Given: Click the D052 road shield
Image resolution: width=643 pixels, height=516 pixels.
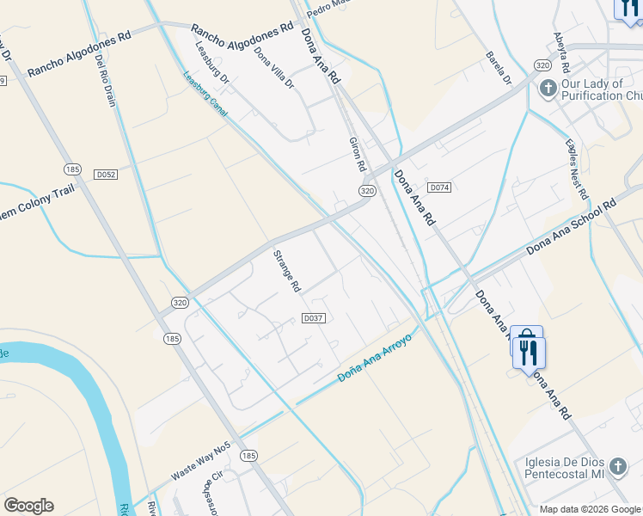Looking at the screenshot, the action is tap(106, 175).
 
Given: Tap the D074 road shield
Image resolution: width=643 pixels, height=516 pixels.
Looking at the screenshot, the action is tap(439, 187).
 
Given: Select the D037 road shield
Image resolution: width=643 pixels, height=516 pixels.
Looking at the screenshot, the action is tap(314, 318).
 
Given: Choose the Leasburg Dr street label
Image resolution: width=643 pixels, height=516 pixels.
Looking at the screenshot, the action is tap(211, 63).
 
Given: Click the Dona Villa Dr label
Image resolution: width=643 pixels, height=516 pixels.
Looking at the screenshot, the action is tap(274, 68).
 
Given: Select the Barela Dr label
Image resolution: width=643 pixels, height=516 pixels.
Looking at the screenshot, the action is tap(499, 67).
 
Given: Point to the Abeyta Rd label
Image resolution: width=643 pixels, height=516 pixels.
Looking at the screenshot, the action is tap(563, 53).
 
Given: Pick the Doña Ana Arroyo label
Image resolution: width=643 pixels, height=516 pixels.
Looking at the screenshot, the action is tap(375, 359).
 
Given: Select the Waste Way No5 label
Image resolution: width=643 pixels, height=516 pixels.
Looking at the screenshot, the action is tap(201, 462).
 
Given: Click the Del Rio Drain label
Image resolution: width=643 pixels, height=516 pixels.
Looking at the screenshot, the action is tap(105, 80).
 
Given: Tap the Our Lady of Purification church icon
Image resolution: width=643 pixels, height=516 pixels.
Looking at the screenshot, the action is tap(548, 89).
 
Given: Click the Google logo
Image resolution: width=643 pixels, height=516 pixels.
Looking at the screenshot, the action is tap(28, 506).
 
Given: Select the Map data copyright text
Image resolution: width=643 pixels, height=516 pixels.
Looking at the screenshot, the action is tap(590, 509).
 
